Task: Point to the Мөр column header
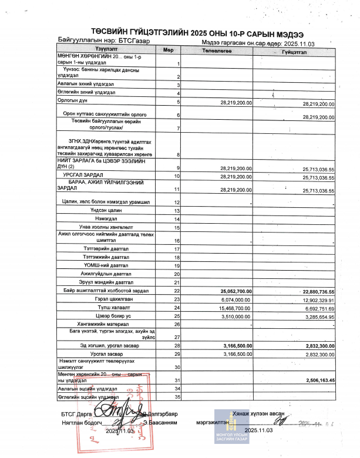[x=168, y=50]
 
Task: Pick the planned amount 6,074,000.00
[x=236, y=299]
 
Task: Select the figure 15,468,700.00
[x=235, y=308]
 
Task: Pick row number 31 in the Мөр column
[x=176, y=380]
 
